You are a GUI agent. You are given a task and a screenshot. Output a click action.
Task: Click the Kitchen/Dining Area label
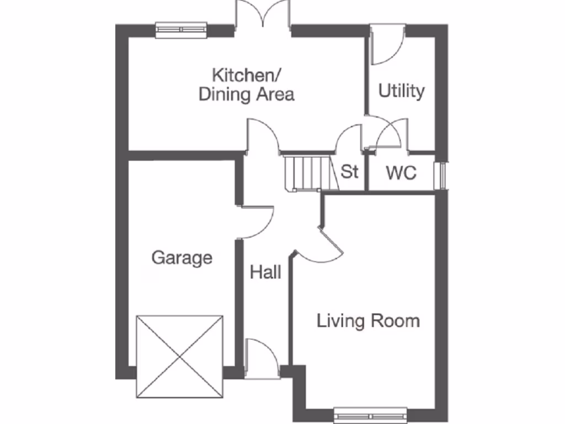point(246,84)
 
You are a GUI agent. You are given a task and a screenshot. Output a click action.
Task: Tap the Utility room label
point(401,91)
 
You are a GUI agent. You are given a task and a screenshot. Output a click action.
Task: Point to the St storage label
point(349,172)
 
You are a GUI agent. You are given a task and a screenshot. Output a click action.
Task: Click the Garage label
point(182,257)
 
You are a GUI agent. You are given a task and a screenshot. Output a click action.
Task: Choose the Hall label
point(266,272)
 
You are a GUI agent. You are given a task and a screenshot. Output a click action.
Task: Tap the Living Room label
point(368,320)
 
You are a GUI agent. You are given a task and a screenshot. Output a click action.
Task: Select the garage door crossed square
point(180,356)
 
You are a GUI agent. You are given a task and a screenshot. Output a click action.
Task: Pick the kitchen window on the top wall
point(181,30)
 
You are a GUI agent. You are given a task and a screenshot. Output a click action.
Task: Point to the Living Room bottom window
point(370,415)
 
